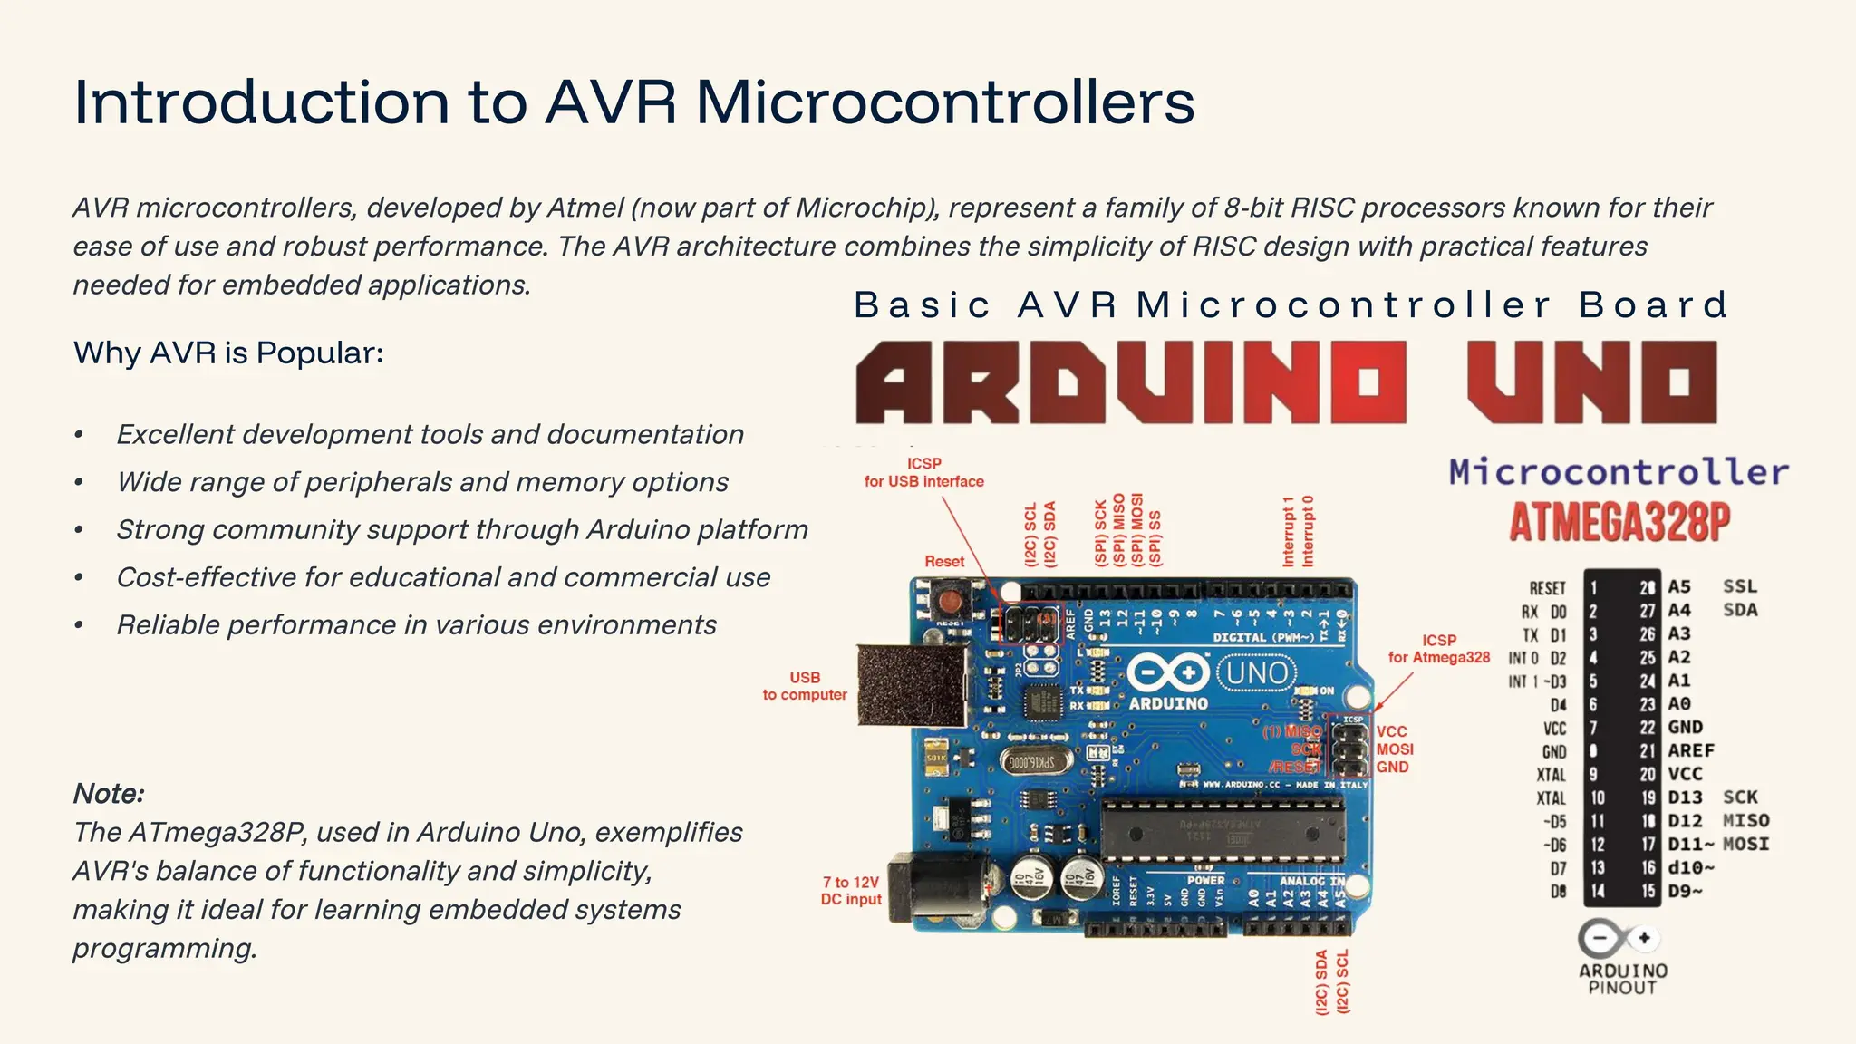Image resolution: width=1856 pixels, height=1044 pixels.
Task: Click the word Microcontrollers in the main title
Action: [x=944, y=102]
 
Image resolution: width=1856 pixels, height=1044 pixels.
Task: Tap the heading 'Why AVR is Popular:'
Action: [x=228, y=353]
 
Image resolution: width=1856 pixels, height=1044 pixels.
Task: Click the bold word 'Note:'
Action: [x=109, y=794]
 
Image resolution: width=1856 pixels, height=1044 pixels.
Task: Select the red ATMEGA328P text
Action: [x=1619, y=522]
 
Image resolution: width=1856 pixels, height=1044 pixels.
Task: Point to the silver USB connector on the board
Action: [x=911, y=684]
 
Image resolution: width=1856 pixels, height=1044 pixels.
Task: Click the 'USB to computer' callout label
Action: [x=805, y=686]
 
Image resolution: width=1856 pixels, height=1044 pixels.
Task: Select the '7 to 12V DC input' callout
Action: [x=851, y=890]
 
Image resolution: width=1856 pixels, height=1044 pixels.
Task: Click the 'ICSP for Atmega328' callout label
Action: [x=1438, y=649]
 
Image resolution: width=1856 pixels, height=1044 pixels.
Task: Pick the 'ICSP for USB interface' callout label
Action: [x=923, y=472]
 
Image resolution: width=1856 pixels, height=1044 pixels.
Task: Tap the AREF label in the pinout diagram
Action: [x=1691, y=750]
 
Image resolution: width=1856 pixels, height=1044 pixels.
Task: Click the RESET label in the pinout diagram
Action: [x=1547, y=588]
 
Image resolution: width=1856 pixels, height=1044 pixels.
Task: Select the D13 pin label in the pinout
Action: [x=1685, y=797]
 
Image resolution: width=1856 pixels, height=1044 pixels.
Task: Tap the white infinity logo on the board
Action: [x=1168, y=673]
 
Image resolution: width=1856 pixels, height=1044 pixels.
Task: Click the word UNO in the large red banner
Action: [x=1592, y=382]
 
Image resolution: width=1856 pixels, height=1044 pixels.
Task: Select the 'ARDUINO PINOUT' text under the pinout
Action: [x=1622, y=979]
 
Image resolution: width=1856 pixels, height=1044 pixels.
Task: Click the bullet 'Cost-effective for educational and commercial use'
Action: [x=443, y=577]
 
